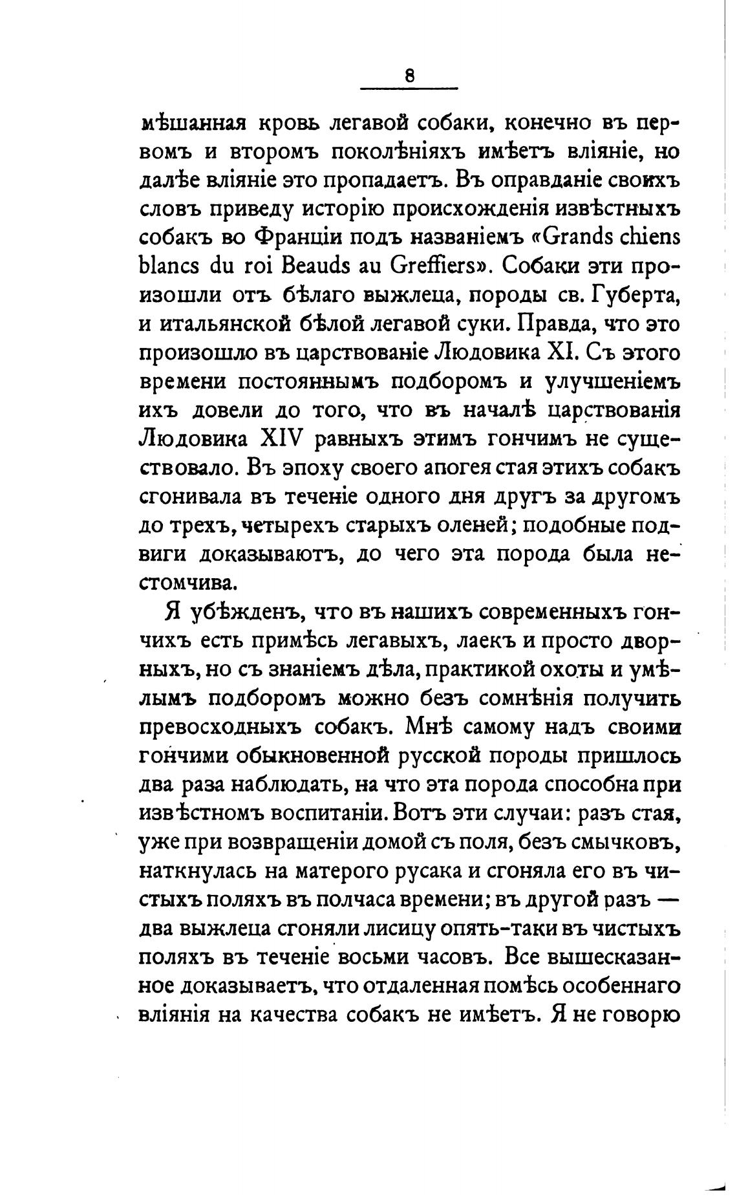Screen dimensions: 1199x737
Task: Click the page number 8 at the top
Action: tap(409, 76)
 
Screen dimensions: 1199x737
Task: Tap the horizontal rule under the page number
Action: tap(409, 87)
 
